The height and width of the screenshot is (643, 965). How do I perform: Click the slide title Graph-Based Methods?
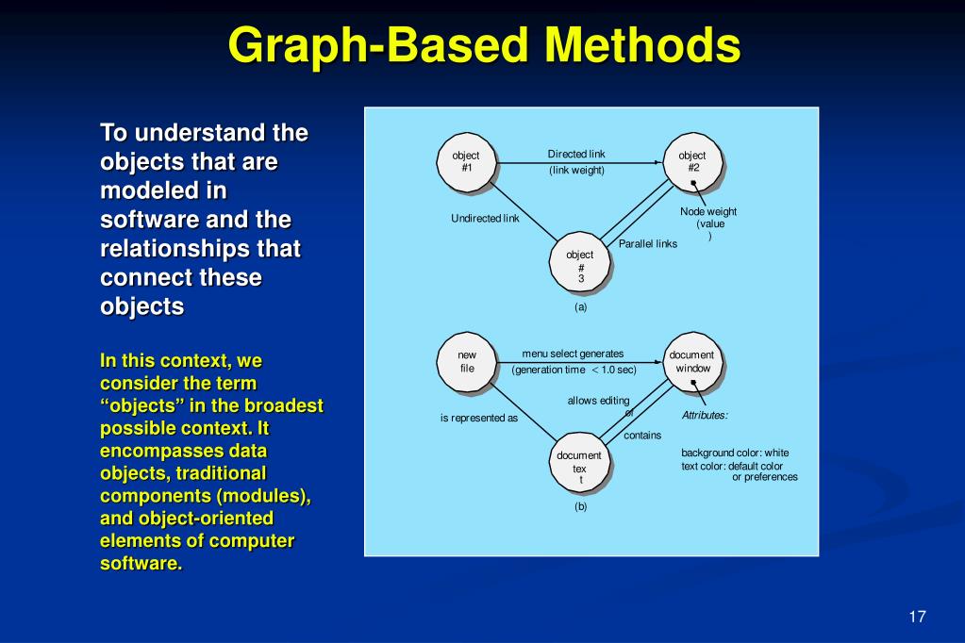[483, 44]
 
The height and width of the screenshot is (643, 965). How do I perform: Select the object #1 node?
[466, 162]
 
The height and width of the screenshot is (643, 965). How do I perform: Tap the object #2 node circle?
[692, 162]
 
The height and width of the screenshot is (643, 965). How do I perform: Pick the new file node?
[467, 361]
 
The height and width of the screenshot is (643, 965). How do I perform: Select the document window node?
[692, 361]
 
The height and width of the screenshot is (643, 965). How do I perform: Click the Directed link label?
[576, 154]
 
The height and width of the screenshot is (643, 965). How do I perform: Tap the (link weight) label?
[576, 171]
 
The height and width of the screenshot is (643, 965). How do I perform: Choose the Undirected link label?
[485, 219]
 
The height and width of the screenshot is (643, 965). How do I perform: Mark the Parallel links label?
[648, 244]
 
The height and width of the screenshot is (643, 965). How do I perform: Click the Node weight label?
[708, 212]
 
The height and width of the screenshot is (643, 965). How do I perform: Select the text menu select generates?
[573, 354]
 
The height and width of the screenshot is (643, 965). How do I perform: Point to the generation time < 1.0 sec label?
[574, 370]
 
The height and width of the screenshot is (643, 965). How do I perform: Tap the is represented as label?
[479, 418]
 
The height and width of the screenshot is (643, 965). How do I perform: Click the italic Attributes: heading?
[705, 415]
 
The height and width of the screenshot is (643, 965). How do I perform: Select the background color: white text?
[735, 453]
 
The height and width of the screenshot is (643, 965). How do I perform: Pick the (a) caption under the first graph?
[580, 306]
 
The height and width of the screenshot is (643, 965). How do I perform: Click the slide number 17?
[917, 617]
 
